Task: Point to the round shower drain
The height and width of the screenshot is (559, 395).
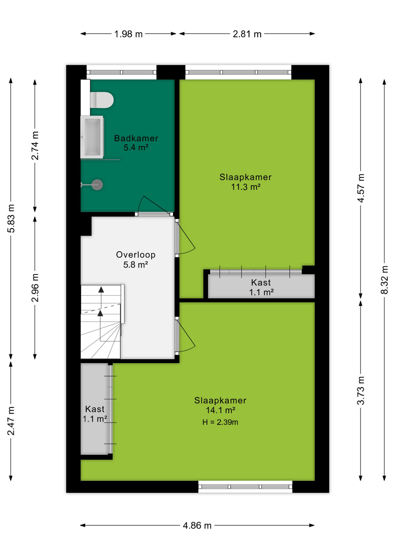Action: [x=97, y=185]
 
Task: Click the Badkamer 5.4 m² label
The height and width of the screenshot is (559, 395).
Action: [x=136, y=143]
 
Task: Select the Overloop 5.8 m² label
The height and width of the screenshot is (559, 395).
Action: [x=136, y=259]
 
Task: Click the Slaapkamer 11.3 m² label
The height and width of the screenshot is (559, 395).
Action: [x=245, y=182]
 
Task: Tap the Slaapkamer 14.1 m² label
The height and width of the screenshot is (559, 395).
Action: [x=220, y=405]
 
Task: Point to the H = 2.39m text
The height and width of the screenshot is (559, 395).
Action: [x=220, y=422]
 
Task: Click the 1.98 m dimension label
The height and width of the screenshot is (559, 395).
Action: [x=128, y=34]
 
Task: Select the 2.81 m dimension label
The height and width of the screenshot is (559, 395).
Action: [x=247, y=34]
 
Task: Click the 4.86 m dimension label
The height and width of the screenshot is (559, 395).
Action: [x=197, y=526]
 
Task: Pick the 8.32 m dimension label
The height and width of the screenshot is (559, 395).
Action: [x=385, y=280]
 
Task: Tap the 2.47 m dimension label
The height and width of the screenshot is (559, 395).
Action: [x=11, y=421]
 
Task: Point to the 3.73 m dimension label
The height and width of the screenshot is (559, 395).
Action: [x=361, y=391]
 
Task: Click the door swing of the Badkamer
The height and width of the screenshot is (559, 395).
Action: [x=154, y=206]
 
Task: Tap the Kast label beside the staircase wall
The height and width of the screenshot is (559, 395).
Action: [x=95, y=414]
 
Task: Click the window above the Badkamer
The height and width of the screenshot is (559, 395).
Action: [x=122, y=72]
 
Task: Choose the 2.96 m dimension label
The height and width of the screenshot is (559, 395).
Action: [x=35, y=288]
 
